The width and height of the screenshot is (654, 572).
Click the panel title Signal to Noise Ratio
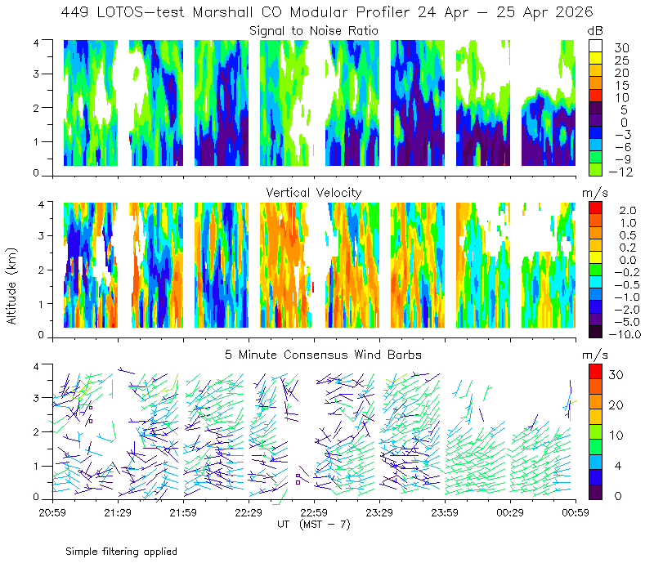[314, 31]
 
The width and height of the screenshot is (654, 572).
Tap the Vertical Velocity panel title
[314, 193]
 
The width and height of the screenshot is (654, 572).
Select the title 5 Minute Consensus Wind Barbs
[323, 355]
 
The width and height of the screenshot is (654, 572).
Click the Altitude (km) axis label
[11, 286]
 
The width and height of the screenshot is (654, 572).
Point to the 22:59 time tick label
[314, 512]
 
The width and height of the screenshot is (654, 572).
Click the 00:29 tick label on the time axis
[510, 512]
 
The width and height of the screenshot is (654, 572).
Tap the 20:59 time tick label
[52, 512]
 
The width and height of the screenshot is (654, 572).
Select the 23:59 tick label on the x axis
[445, 512]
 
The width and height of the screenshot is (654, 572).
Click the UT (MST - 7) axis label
[314, 525]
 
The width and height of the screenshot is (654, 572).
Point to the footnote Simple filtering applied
[121, 552]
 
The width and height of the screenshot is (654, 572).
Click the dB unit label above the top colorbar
[595, 31]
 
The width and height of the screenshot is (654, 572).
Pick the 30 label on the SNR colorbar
[621, 48]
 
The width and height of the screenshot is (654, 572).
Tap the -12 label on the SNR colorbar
[620, 172]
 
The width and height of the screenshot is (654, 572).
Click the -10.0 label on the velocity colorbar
[625, 334]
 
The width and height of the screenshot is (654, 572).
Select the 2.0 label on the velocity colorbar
[628, 211]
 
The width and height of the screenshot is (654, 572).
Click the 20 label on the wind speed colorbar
[616, 405]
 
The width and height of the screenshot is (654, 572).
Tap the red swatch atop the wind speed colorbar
[595, 371]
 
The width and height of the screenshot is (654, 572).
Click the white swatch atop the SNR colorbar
[595, 46]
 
